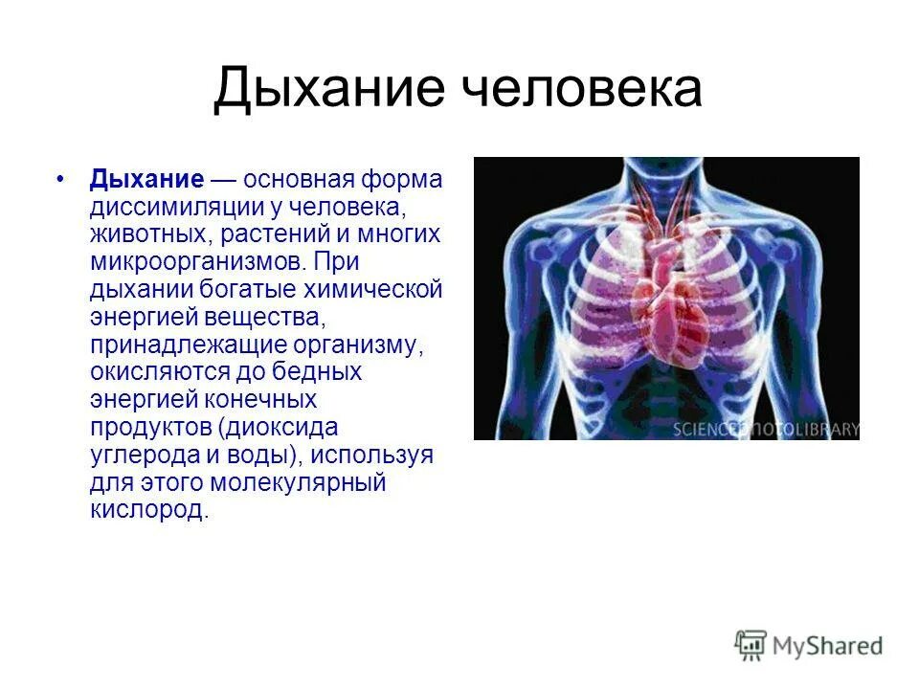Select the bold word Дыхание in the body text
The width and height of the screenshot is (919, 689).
(146, 181)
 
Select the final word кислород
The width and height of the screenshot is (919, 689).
(148, 508)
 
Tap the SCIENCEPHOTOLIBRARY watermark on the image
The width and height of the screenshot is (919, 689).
(765, 429)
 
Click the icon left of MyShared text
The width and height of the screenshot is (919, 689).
(751, 645)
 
